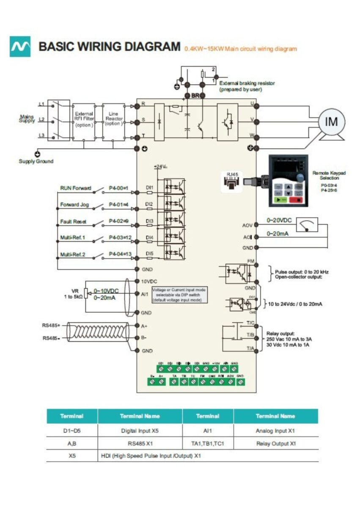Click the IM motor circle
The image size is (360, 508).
[x=331, y=122]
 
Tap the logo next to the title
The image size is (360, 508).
[x=20, y=47]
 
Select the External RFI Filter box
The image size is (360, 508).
[x=84, y=119]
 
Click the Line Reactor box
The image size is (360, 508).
[x=113, y=119]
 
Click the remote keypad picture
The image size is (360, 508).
[x=289, y=180]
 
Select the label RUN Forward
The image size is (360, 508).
[x=76, y=188]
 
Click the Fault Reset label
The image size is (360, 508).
[x=73, y=221]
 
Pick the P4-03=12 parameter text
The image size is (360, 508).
[x=121, y=238]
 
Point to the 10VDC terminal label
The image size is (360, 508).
[x=149, y=281]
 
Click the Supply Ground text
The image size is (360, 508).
[x=36, y=161]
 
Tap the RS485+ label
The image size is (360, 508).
[x=51, y=325]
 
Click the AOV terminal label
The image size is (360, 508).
[x=247, y=225]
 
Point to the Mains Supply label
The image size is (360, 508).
[x=27, y=118]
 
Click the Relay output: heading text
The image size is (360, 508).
[x=280, y=333]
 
